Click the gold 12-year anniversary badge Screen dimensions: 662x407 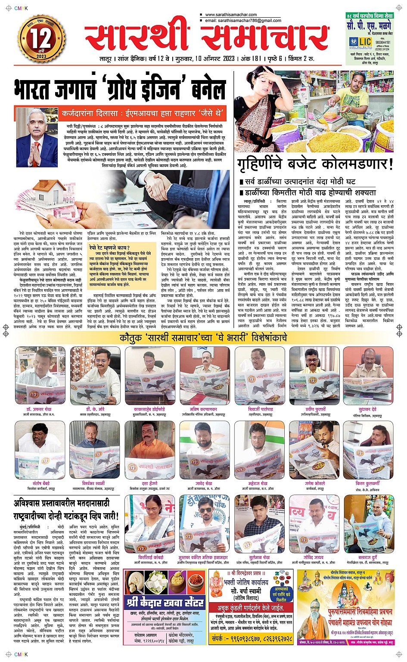[x=41, y=39]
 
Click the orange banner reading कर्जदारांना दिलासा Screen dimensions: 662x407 [x=142, y=114]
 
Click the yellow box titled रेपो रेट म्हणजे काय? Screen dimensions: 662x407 [x=121, y=266]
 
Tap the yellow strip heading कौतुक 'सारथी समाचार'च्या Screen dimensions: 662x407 [x=203, y=338]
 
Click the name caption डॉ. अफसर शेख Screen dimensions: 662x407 [x=39, y=409]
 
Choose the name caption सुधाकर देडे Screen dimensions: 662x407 [x=368, y=409]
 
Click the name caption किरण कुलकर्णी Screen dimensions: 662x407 [x=367, y=484]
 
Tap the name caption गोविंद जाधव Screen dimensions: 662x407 [x=313, y=558]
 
